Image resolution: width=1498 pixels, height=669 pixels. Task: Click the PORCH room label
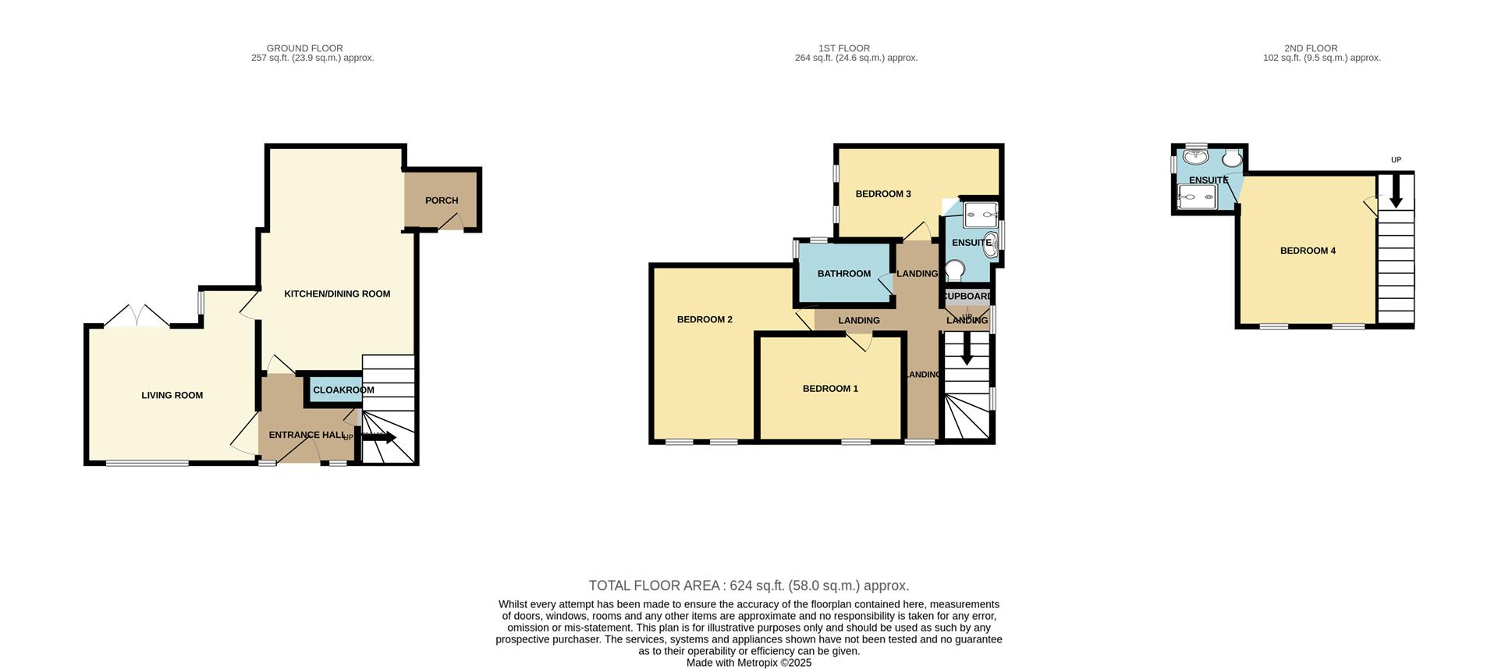click(x=441, y=201)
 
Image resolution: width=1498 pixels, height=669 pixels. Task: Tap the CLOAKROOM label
click(x=343, y=390)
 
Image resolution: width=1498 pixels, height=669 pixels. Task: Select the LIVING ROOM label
click(x=172, y=396)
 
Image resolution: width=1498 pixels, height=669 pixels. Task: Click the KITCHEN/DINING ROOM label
click(x=337, y=294)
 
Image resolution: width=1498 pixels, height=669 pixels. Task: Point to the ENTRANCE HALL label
click(x=307, y=436)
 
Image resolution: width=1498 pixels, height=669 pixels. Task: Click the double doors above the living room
click(x=137, y=315)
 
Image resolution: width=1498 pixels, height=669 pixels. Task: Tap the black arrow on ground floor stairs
click(x=381, y=437)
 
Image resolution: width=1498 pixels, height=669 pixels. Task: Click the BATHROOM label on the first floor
click(x=843, y=274)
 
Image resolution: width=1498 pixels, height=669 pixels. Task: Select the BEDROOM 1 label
click(x=830, y=389)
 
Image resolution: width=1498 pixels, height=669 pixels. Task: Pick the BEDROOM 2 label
click(x=704, y=320)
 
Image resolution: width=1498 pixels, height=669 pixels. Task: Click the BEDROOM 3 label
click(x=882, y=194)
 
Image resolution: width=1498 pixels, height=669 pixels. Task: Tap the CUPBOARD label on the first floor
click(x=967, y=297)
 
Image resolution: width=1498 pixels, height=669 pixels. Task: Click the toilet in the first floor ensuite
click(x=954, y=270)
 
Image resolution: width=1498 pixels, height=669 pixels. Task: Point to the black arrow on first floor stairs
click(x=967, y=351)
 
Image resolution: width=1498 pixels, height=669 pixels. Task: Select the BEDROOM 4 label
click(x=1308, y=251)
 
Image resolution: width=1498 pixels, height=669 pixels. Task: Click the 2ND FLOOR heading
click(x=1311, y=48)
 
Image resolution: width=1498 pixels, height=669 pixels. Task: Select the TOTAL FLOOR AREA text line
click(x=748, y=585)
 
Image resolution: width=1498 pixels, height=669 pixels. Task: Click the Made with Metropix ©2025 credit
click(x=748, y=663)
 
